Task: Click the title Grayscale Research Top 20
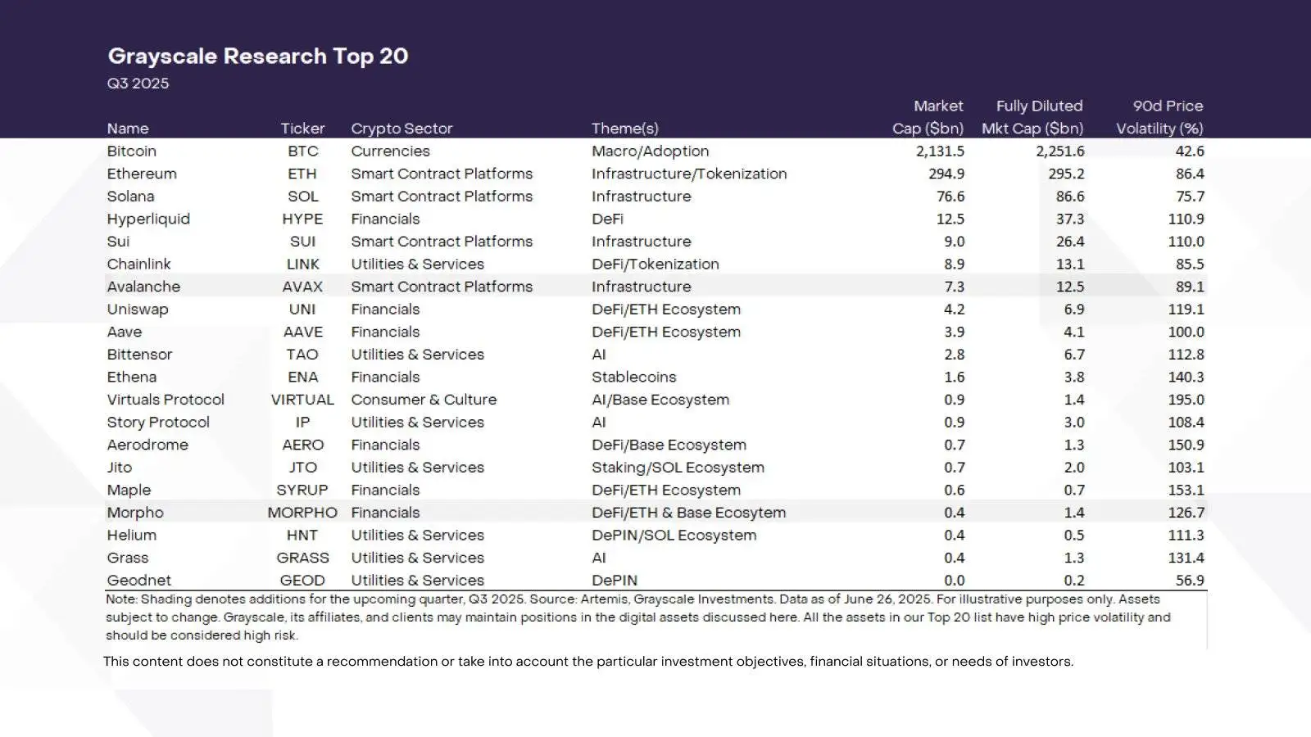pyautogui.click(x=258, y=56)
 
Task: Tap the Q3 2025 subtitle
pyautogui.click(x=138, y=84)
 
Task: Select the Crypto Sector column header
pyautogui.click(x=401, y=129)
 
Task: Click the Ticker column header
pyautogui.click(x=302, y=129)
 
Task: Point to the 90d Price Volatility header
pyautogui.click(x=1160, y=117)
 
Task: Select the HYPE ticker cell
pyautogui.click(x=302, y=219)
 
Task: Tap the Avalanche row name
pyautogui.click(x=143, y=287)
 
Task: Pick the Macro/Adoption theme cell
pyautogui.click(x=650, y=151)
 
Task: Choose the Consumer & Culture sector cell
pyautogui.click(x=424, y=400)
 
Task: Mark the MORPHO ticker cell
pyautogui.click(x=302, y=513)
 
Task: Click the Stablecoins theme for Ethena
pyautogui.click(x=633, y=377)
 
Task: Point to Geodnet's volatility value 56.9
pyautogui.click(x=1189, y=581)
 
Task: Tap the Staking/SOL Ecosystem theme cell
pyautogui.click(x=678, y=468)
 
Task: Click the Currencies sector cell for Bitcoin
pyautogui.click(x=390, y=151)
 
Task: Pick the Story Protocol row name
pyautogui.click(x=158, y=423)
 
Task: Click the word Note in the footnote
pyautogui.click(x=120, y=599)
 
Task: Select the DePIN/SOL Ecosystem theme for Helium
pyautogui.click(x=674, y=536)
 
